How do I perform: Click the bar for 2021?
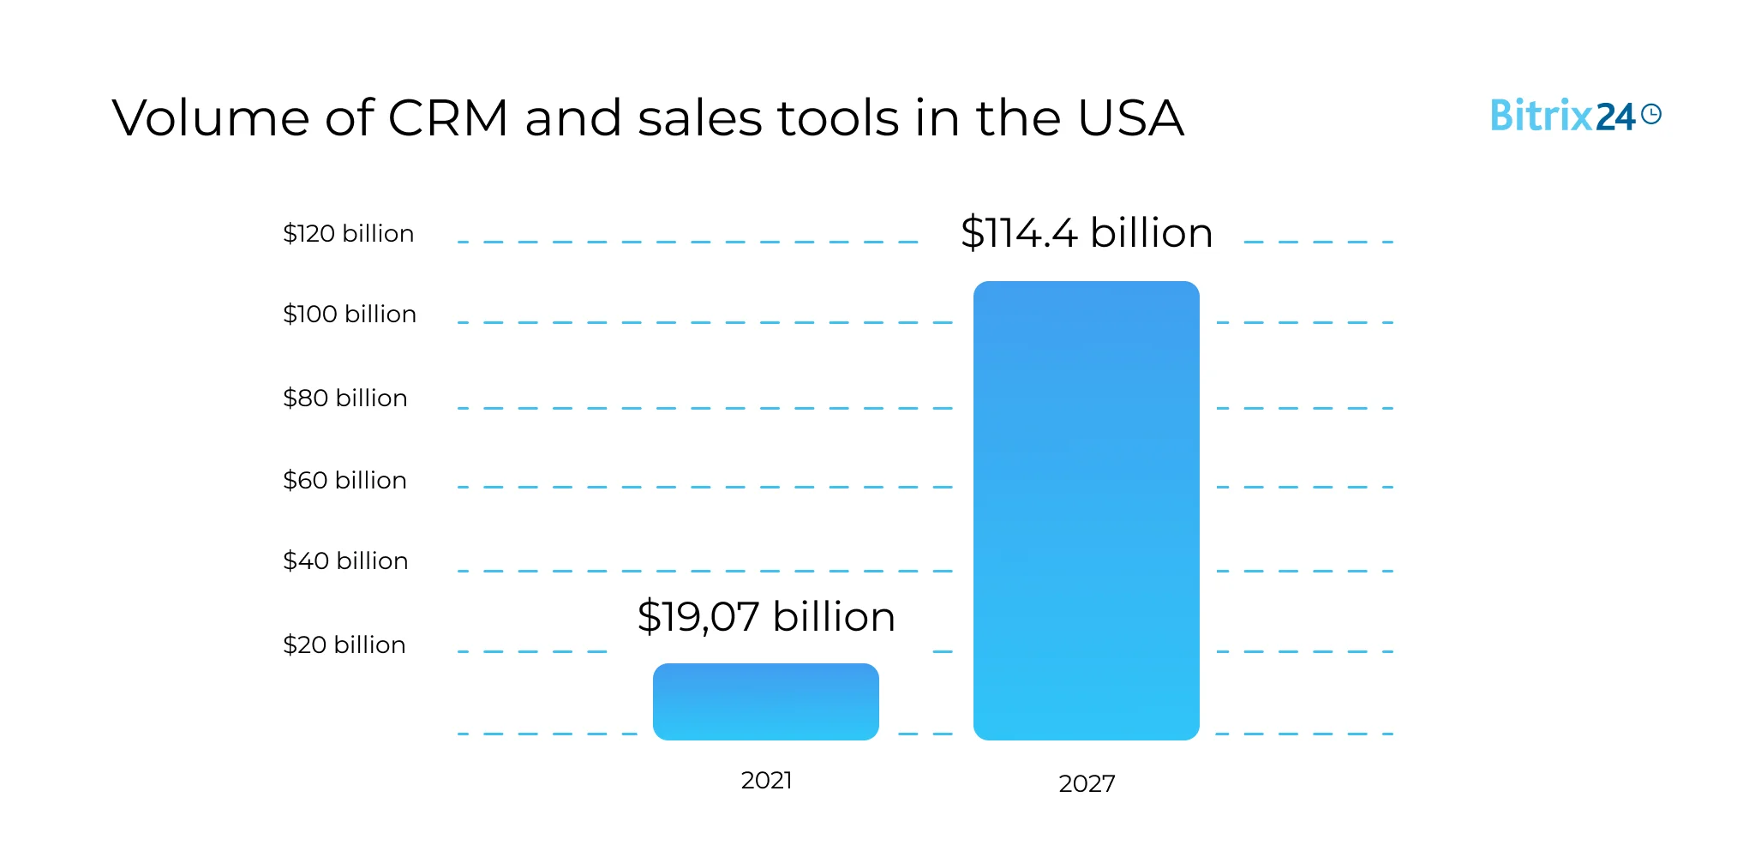click(765, 701)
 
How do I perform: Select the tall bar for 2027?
click(1086, 510)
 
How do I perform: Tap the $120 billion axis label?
click(348, 233)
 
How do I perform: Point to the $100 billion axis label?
click(349, 314)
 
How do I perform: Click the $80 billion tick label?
click(344, 398)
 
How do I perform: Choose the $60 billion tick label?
click(344, 480)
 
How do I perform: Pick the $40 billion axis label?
click(345, 560)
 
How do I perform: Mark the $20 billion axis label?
click(344, 644)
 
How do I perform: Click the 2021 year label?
click(766, 780)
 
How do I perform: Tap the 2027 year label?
click(1087, 783)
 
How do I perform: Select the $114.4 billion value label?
click(1086, 232)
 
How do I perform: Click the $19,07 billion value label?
click(765, 616)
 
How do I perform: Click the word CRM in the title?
click(448, 117)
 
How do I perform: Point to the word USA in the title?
click(1130, 117)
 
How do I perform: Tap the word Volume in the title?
click(210, 117)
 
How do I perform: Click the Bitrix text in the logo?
click(1541, 115)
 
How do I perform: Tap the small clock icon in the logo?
click(1651, 114)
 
